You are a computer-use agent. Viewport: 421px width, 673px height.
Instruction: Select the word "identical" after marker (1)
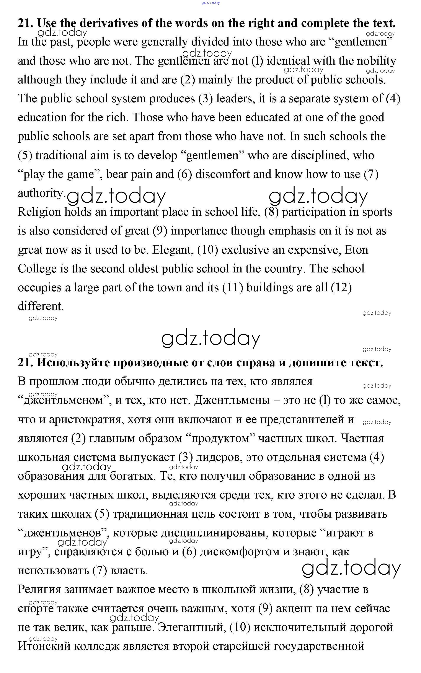coord(288,61)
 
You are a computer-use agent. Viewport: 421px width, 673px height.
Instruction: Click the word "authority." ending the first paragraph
coord(41,193)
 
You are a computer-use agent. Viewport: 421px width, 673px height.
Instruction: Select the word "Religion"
coord(39,212)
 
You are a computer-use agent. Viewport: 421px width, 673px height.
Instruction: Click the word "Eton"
coord(356,250)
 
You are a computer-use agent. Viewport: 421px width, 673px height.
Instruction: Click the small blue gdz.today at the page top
coord(210,3)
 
